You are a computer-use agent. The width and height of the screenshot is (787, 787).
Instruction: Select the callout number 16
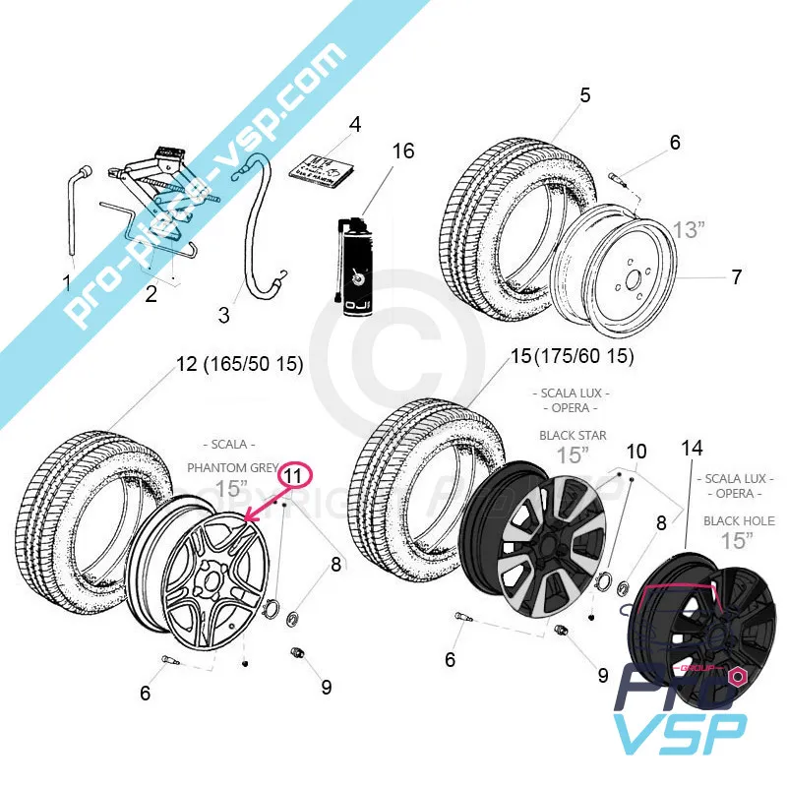click(403, 151)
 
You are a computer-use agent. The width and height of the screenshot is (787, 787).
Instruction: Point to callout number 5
click(585, 95)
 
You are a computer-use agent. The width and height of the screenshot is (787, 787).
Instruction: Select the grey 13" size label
click(689, 230)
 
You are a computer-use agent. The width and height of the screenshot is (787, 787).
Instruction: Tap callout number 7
click(736, 276)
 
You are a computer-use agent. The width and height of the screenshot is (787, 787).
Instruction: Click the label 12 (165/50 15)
click(239, 365)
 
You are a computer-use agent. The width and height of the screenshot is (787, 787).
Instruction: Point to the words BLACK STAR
click(573, 435)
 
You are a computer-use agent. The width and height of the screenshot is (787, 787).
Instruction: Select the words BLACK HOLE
click(738, 520)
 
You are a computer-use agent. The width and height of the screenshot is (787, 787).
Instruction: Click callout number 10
click(636, 452)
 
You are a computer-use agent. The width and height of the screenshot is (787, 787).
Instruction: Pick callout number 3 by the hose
click(224, 315)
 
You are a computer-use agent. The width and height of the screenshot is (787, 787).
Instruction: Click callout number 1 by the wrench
click(67, 284)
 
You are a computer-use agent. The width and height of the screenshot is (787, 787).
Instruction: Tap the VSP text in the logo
click(679, 735)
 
